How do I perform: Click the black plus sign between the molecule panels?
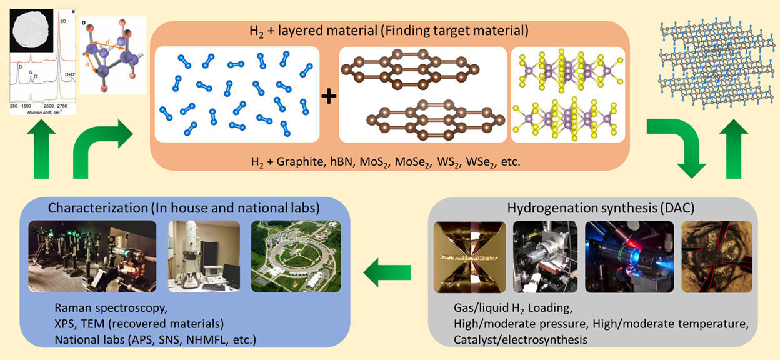329,96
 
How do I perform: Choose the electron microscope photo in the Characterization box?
204,256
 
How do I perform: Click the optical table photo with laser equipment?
91,256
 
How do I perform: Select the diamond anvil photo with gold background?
469,257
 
